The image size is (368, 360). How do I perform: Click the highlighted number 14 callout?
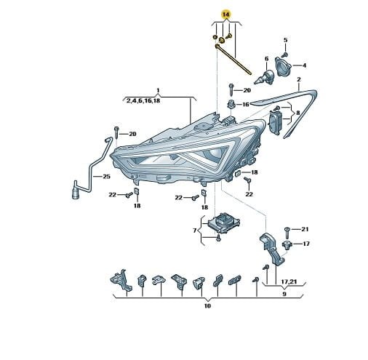click(x=225, y=15)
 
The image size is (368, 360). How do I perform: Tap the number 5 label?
click(x=285, y=40)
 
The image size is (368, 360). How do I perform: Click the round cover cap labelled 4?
click(x=283, y=67)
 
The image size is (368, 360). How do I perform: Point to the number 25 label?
click(x=107, y=176)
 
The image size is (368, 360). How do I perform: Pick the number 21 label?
click(x=305, y=229)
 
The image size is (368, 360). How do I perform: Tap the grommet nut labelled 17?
click(x=287, y=244)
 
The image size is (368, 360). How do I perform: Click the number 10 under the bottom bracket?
click(x=207, y=306)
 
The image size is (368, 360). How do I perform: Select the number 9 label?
click(x=284, y=294)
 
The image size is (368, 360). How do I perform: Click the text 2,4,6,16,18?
click(x=143, y=100)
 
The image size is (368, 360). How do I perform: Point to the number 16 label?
click(x=246, y=105)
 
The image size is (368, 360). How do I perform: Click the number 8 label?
click(x=297, y=113)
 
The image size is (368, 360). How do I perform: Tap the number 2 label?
click(x=299, y=79)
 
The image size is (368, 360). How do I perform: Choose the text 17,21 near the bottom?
click(x=289, y=281)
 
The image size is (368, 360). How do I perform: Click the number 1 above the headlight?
click(x=158, y=91)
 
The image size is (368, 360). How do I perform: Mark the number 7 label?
click(x=195, y=231)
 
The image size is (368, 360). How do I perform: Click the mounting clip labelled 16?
click(x=231, y=105)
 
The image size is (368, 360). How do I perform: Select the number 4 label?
click(x=304, y=65)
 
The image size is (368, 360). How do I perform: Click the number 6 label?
click(x=267, y=59)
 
